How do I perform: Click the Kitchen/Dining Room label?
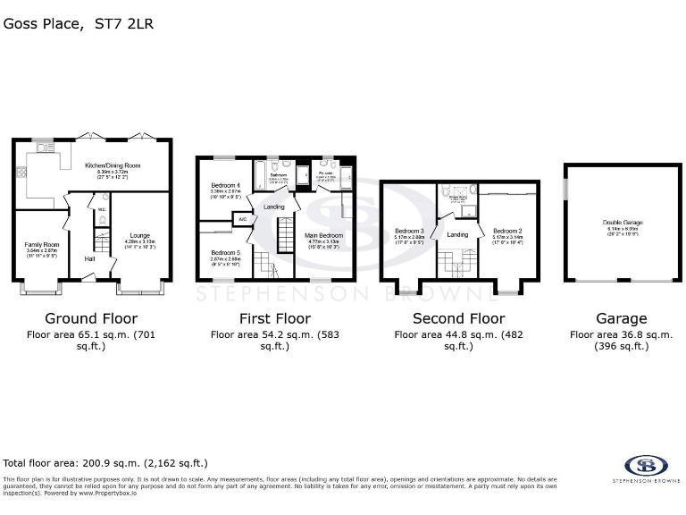pos(112,165)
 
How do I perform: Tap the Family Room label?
pos(41,244)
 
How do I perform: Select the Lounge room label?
pos(139,234)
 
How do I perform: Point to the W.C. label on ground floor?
pos(103,210)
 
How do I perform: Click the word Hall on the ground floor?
pos(90,259)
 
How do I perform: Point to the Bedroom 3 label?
pos(409,231)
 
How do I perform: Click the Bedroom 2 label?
pos(506,231)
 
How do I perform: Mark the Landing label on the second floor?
pos(457,234)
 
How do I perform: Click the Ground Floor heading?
pos(91,318)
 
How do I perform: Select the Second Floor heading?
pos(458,318)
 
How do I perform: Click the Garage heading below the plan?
pos(622,318)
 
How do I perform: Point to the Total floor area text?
pos(105,463)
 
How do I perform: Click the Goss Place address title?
pos(79,24)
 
